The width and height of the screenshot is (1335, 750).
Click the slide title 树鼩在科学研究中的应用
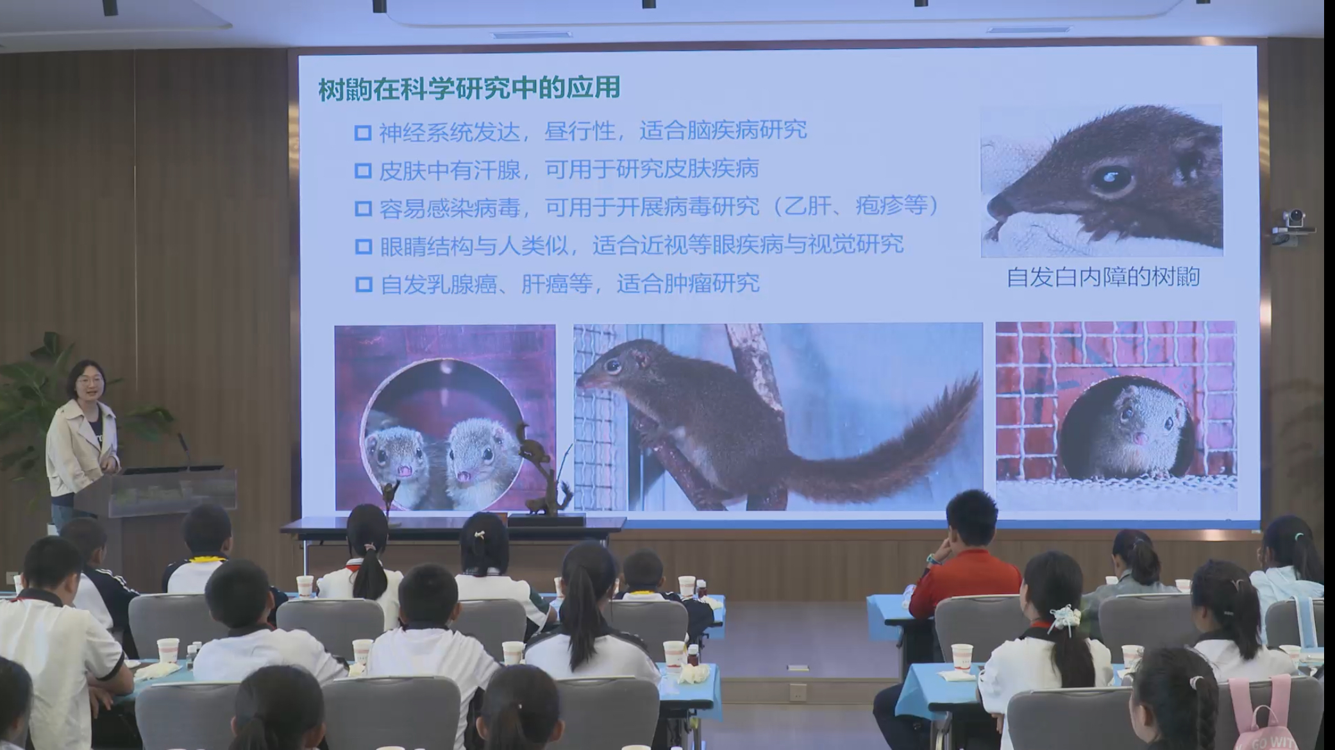coord(469,88)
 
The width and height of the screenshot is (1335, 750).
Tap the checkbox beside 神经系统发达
coord(363,133)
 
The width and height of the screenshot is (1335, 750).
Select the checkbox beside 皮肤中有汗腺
coord(363,171)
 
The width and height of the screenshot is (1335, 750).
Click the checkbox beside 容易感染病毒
coord(363,208)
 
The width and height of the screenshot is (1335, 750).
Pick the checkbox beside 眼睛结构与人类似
coord(363,246)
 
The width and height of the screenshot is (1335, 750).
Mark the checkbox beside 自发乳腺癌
coord(364,284)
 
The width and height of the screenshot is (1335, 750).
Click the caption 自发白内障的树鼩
coord(1103,277)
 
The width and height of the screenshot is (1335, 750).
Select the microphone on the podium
coord(185,449)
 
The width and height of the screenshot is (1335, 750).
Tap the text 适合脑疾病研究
coord(723,131)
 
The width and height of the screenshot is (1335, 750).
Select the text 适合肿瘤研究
coord(687,283)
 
